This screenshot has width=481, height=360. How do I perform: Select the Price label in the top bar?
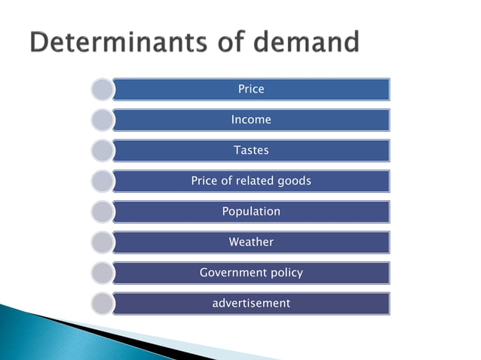pyautogui.click(x=251, y=89)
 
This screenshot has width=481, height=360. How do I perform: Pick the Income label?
pyautogui.click(x=251, y=120)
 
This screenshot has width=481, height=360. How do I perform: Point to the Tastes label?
pyautogui.click(x=251, y=151)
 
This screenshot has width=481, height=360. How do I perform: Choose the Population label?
pyautogui.click(x=251, y=212)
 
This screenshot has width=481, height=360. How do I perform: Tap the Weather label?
pyautogui.click(x=251, y=243)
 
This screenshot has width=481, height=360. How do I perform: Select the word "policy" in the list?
pyautogui.click(x=287, y=273)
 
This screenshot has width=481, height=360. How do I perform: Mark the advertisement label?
pyautogui.click(x=251, y=304)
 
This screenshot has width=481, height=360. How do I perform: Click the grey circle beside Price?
pyautogui.click(x=102, y=90)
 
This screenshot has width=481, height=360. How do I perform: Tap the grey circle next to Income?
pyautogui.click(x=102, y=120)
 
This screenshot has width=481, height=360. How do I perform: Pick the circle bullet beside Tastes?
pyautogui.click(x=102, y=151)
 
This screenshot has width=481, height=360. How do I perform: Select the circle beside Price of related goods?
pyautogui.click(x=102, y=182)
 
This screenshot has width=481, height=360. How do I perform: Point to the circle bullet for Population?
pyautogui.click(x=102, y=212)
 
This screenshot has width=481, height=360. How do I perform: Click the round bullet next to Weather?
pyautogui.click(x=102, y=243)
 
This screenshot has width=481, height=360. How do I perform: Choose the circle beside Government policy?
pyautogui.click(x=102, y=273)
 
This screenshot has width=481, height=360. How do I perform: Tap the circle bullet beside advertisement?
pyautogui.click(x=102, y=304)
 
